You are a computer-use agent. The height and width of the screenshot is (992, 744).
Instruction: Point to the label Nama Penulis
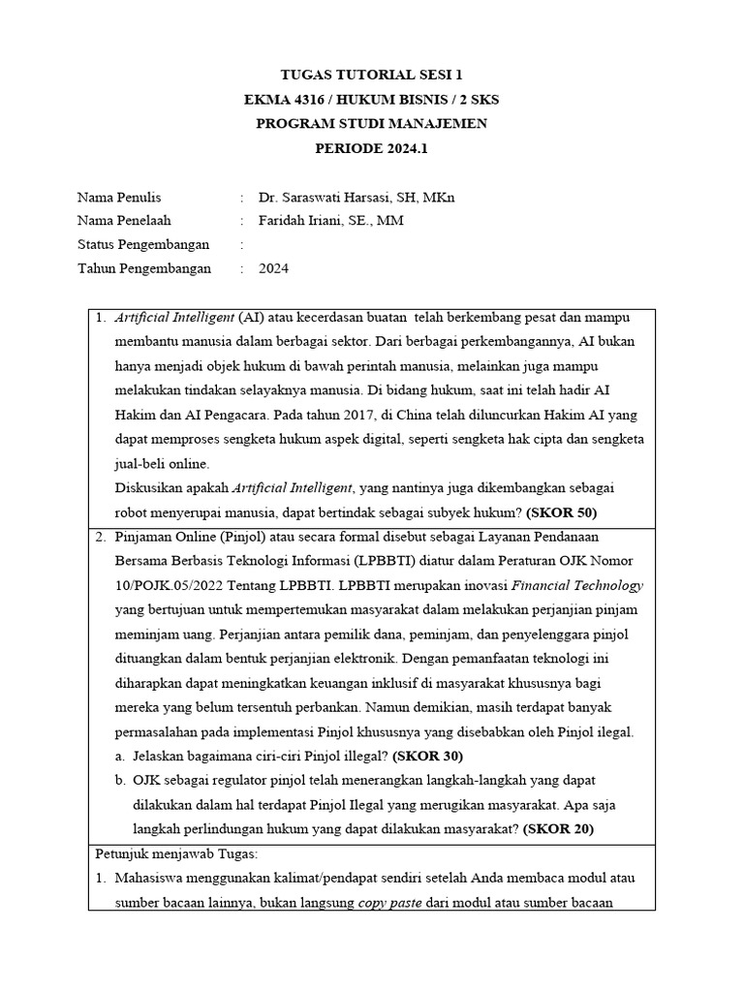[x=119, y=198]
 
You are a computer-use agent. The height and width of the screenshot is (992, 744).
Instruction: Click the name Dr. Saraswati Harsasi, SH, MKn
[x=356, y=198]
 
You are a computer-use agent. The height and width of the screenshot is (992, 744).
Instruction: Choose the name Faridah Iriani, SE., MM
[x=331, y=221]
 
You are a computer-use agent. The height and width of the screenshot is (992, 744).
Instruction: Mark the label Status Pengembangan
[x=142, y=245]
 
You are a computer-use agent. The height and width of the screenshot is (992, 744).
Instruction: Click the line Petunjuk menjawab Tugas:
[x=170, y=853]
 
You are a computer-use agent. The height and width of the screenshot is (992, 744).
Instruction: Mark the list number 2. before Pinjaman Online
[x=101, y=536]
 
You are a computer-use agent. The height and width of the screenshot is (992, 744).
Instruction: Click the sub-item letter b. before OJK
[x=120, y=780]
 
